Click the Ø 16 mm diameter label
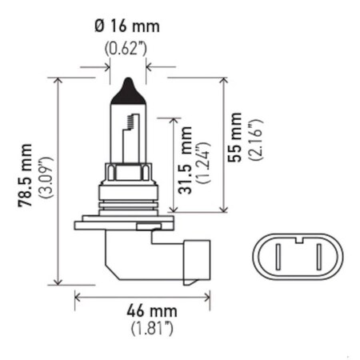click(x=126, y=26)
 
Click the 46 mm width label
click(x=145, y=310)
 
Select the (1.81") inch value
click(x=145, y=328)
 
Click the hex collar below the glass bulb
click(x=128, y=172)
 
